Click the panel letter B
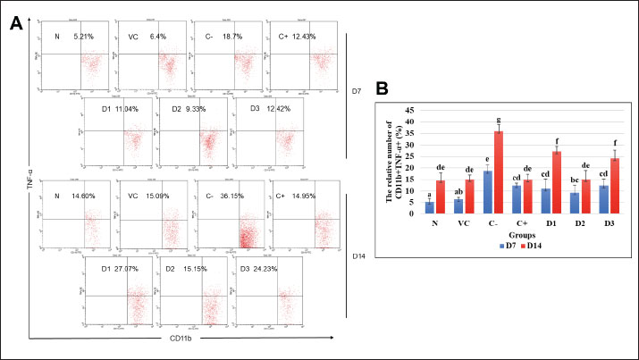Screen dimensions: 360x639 click(382, 90)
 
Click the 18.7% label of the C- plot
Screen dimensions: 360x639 click(245, 36)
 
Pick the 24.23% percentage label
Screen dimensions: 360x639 click(273, 266)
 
